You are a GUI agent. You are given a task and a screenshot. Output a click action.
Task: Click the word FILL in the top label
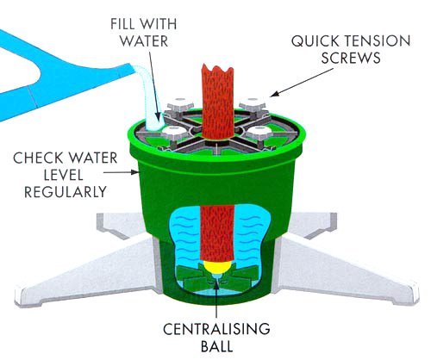click(x=123, y=24)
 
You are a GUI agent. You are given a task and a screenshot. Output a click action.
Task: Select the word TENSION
click(x=378, y=40)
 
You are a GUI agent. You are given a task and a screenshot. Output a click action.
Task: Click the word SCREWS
click(x=351, y=58)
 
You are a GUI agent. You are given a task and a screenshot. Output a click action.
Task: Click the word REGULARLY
click(x=66, y=192)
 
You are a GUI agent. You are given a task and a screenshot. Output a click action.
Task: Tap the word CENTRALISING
click(x=216, y=329)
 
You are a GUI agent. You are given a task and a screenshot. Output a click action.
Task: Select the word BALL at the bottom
click(x=216, y=346)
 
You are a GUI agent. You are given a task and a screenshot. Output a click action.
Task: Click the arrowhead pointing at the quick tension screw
click(x=274, y=94)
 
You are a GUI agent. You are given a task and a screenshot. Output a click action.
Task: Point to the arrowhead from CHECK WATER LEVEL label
click(x=135, y=172)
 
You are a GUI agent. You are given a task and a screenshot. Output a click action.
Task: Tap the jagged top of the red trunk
click(x=217, y=70)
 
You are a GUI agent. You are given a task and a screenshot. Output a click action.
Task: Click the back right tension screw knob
click(x=253, y=104)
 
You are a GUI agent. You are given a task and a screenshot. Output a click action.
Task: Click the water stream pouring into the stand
click(x=149, y=95)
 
